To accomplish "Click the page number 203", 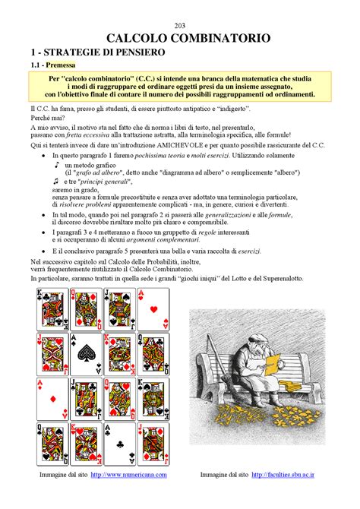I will coord(179,25).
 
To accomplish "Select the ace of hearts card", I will coord(153,310).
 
